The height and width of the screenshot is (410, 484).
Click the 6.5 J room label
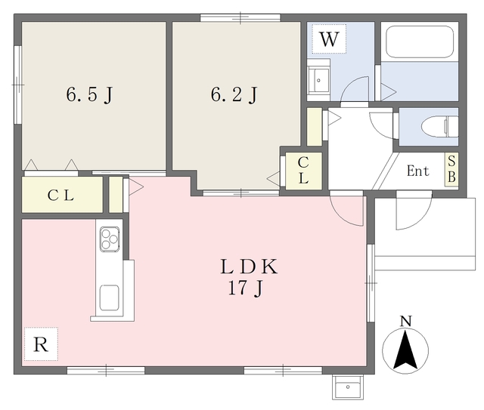tap(89, 94)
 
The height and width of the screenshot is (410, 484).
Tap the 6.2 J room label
tap(234, 94)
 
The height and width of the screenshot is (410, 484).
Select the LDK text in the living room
tap(249, 267)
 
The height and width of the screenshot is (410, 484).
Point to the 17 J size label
tap(245, 288)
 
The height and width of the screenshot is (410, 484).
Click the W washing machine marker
tap(329, 39)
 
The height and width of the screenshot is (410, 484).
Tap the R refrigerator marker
tap(41, 344)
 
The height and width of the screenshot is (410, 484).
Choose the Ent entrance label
tap(417, 171)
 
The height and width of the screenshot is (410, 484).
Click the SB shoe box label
tap(451, 169)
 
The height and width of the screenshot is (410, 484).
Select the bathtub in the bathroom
tap(420, 42)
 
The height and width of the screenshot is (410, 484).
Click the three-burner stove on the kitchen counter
tap(110, 239)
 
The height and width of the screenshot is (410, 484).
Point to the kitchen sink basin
tap(109, 297)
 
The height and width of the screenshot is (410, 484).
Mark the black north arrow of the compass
tap(405, 349)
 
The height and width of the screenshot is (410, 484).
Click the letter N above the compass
tap(406, 321)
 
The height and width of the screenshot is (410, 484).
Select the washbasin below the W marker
tap(318, 79)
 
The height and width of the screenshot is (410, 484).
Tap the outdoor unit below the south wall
tap(348, 387)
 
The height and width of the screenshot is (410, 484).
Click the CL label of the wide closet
tap(60, 195)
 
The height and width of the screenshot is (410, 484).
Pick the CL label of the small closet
tap(303, 170)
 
